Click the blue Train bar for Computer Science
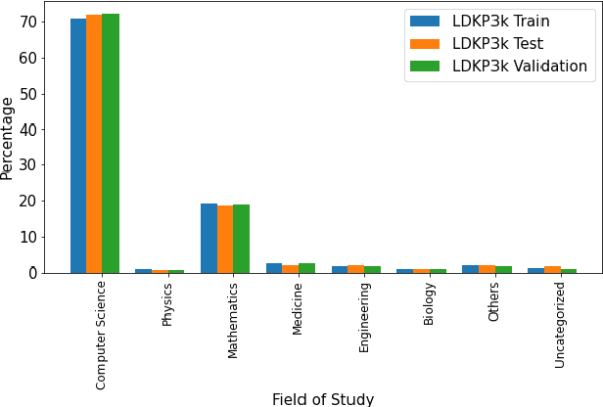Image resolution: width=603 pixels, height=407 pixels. [78, 146]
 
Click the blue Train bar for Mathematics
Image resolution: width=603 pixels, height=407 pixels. [209, 238]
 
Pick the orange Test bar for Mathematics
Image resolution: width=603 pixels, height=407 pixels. [225, 239]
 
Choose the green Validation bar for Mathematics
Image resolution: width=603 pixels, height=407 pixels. [242, 239]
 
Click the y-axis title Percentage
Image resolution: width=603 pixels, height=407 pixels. [9, 138]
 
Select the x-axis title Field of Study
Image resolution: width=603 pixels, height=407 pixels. [323, 398]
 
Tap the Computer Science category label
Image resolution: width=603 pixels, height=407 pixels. [102, 335]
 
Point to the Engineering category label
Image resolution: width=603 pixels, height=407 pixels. [364, 317]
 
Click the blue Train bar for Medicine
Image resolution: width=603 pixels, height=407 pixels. [274, 267]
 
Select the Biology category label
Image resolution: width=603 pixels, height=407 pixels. [429, 303]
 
